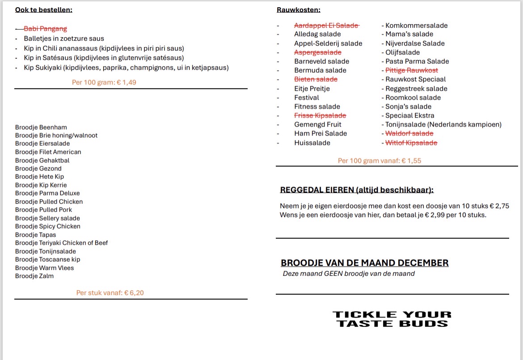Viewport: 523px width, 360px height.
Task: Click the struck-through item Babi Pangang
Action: pyautogui.click(x=45, y=29)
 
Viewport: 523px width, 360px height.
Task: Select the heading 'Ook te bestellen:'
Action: pyautogui.click(x=43, y=9)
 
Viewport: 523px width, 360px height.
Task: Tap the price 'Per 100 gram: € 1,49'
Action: pyautogui.click(x=107, y=82)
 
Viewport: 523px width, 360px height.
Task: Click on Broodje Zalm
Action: pyautogui.click(x=34, y=276)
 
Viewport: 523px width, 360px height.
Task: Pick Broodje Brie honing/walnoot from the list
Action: pyautogui.click(x=56, y=135)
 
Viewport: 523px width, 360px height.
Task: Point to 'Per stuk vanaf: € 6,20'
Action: pyautogui.click(x=110, y=293)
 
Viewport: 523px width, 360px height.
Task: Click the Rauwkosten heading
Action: pyautogui.click(x=299, y=9)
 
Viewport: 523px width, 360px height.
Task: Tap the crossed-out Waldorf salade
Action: pyautogui.click(x=409, y=133)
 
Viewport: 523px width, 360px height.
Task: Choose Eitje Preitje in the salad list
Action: pyautogui.click(x=312, y=89)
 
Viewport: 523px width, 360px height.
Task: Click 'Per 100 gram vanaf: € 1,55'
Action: pyautogui.click(x=380, y=161)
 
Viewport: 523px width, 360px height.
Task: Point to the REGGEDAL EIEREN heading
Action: pyautogui.click(x=357, y=190)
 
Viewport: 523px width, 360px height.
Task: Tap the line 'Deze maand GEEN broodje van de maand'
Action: pyautogui.click(x=349, y=273)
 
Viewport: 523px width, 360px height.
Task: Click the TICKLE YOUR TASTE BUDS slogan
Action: pyautogui.click(x=392, y=319)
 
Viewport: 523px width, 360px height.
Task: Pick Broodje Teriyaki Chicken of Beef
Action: pyautogui.click(x=62, y=243)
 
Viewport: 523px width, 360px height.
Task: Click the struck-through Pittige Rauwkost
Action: pyautogui.click(x=411, y=70)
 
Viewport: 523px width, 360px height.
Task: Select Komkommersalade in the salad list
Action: pyautogui.click(x=416, y=25)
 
